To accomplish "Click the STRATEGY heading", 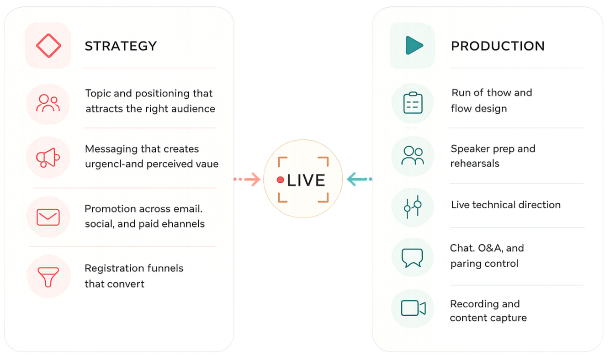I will [121, 46].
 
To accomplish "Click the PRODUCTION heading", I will [498, 46].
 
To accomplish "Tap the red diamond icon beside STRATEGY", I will [48, 46].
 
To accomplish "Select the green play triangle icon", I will [414, 45].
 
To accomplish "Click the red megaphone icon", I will [48, 157].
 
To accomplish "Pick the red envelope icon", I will [48, 217].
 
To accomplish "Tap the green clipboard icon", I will [413, 103].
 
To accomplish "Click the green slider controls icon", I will [413, 206].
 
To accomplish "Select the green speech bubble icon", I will [413, 258].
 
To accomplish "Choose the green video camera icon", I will [413, 308].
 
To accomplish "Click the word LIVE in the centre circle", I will [306, 180].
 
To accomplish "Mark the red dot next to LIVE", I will [281, 180].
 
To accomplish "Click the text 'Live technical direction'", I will [505, 205].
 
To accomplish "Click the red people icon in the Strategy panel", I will [48, 103].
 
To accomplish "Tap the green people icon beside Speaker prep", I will [413, 156].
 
